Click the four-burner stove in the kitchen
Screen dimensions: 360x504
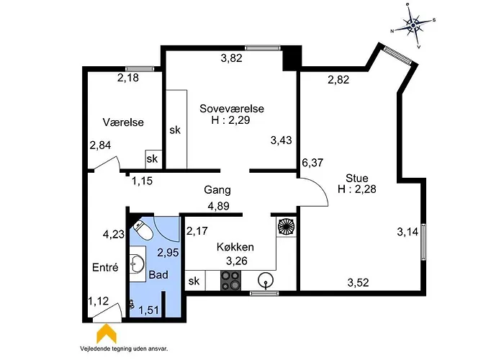coord(230,280)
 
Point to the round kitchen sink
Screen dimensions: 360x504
coord(268,279)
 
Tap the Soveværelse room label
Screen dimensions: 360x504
coord(232,109)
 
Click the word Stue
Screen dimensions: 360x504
coord(357,179)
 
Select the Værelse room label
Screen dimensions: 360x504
coord(123,122)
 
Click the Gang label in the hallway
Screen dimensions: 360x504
coord(217,191)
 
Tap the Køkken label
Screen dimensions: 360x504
coord(235,247)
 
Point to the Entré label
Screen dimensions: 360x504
coord(104,267)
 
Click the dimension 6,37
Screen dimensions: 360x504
coord(312,163)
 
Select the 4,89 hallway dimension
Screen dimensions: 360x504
coord(219,205)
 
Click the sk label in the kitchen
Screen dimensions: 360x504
coord(194,281)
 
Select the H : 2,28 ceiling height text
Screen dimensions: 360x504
coord(357,190)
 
